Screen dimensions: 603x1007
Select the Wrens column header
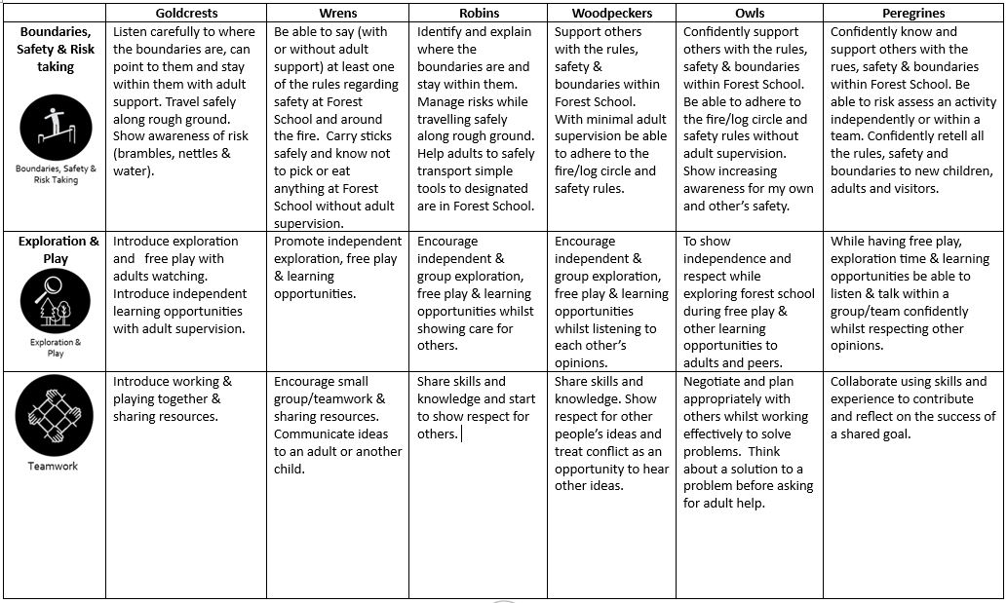[x=337, y=14]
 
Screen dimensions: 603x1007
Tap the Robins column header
[x=478, y=14]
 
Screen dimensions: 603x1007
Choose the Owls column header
[x=750, y=14]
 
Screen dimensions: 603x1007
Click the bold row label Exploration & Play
[x=58, y=250]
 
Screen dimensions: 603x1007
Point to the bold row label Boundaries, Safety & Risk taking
[x=57, y=49]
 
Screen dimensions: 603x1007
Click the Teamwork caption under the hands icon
[x=55, y=466]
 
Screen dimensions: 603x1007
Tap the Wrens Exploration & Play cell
[x=336, y=267]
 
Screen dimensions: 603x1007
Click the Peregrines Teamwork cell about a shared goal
[x=912, y=407]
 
